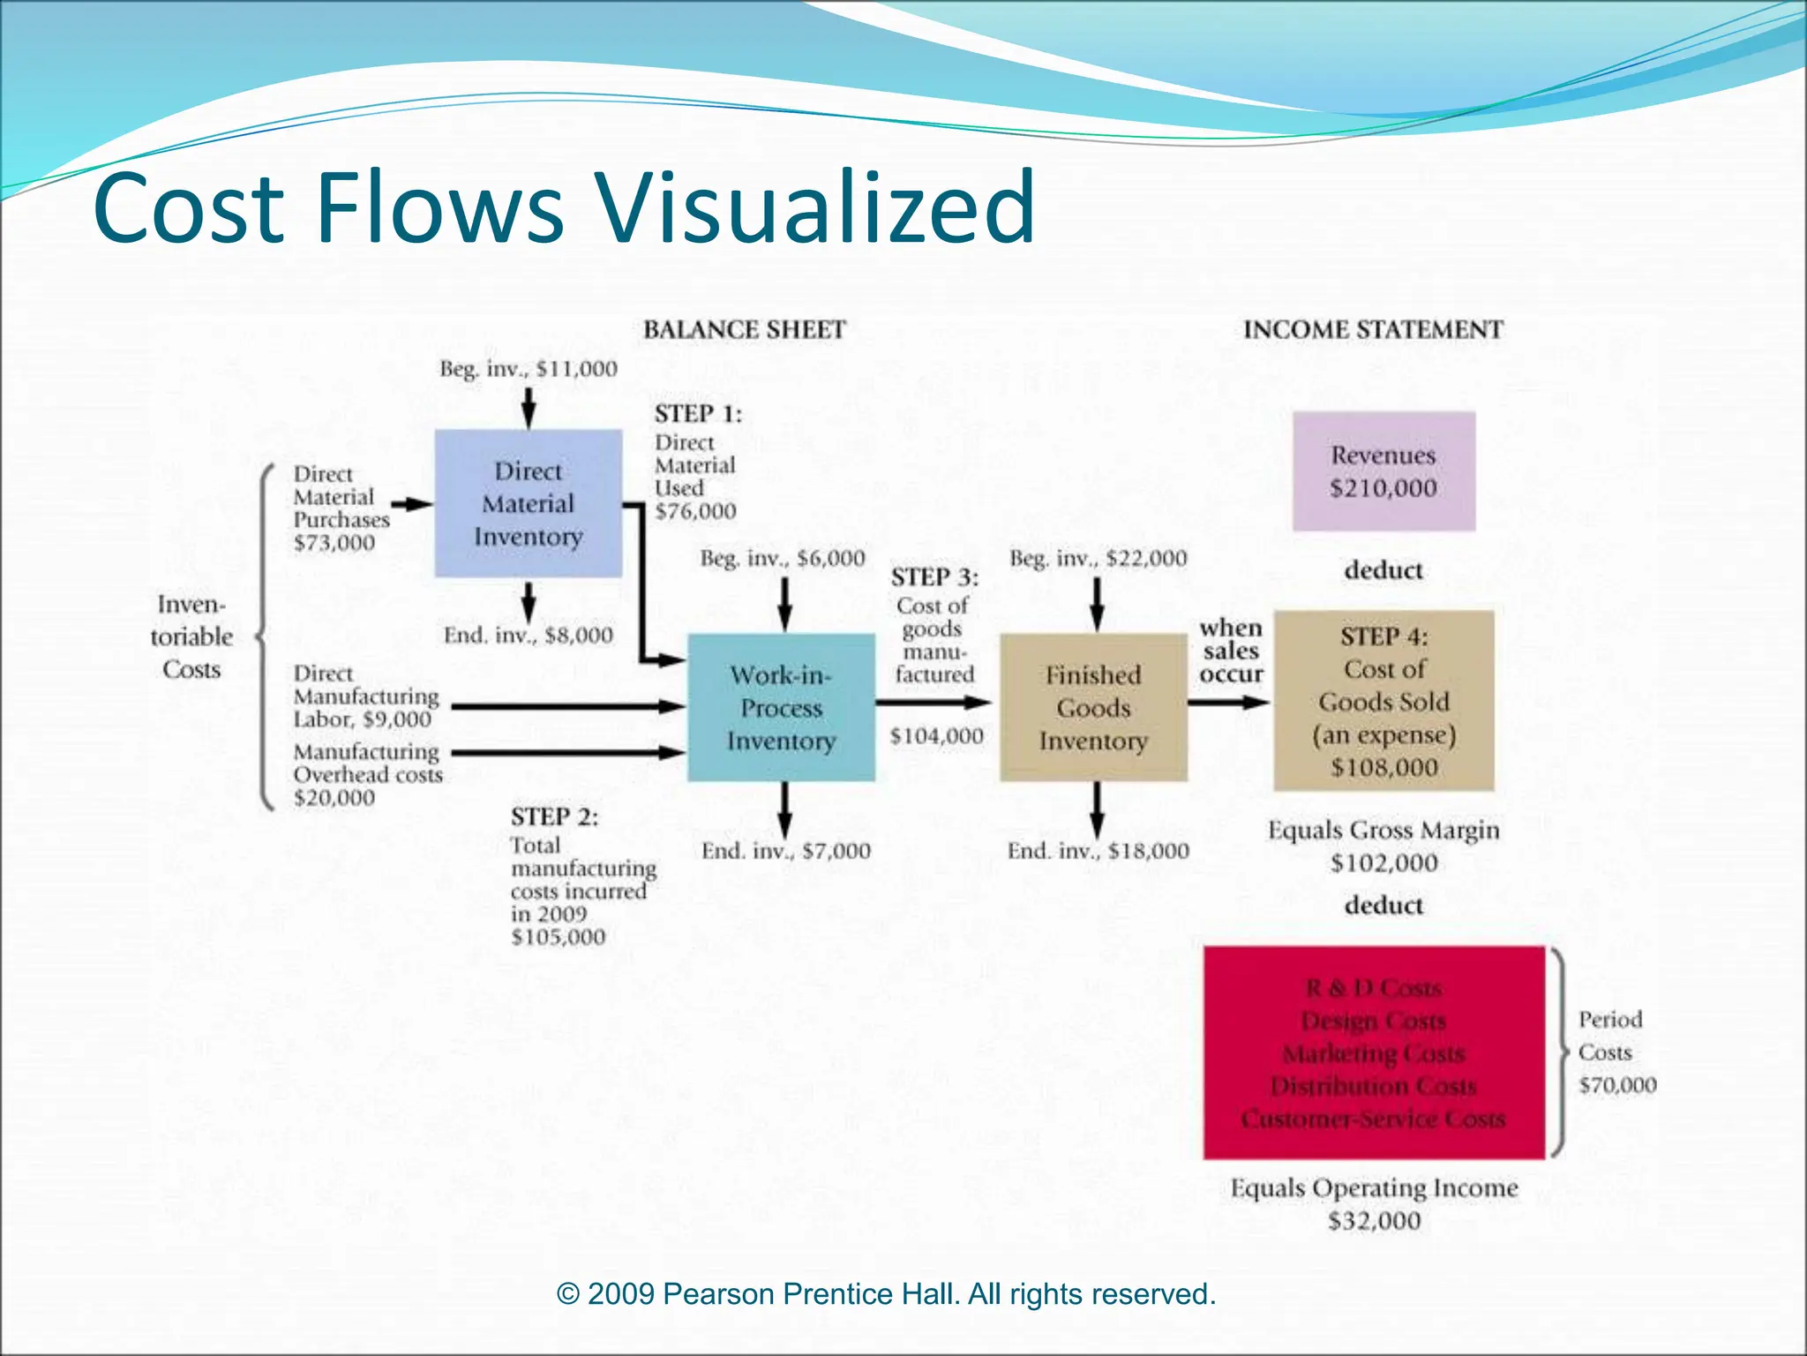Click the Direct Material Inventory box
point(528,503)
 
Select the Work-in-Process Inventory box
point(781,707)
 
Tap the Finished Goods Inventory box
point(1093,707)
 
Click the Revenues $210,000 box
point(1383,471)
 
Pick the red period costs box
point(1374,1052)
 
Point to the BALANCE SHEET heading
point(744,330)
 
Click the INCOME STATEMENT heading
point(1373,330)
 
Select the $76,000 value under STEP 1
point(695,511)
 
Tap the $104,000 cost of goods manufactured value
point(936,736)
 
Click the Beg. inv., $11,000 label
point(529,369)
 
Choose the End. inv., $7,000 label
point(785,851)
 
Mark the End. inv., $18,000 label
point(1098,851)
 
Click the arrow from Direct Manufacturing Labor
point(565,706)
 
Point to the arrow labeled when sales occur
point(1228,703)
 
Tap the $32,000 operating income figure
point(1374,1221)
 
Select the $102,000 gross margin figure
point(1383,863)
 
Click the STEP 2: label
point(554,817)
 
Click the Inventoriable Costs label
point(191,637)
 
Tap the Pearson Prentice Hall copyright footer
point(886,1294)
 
